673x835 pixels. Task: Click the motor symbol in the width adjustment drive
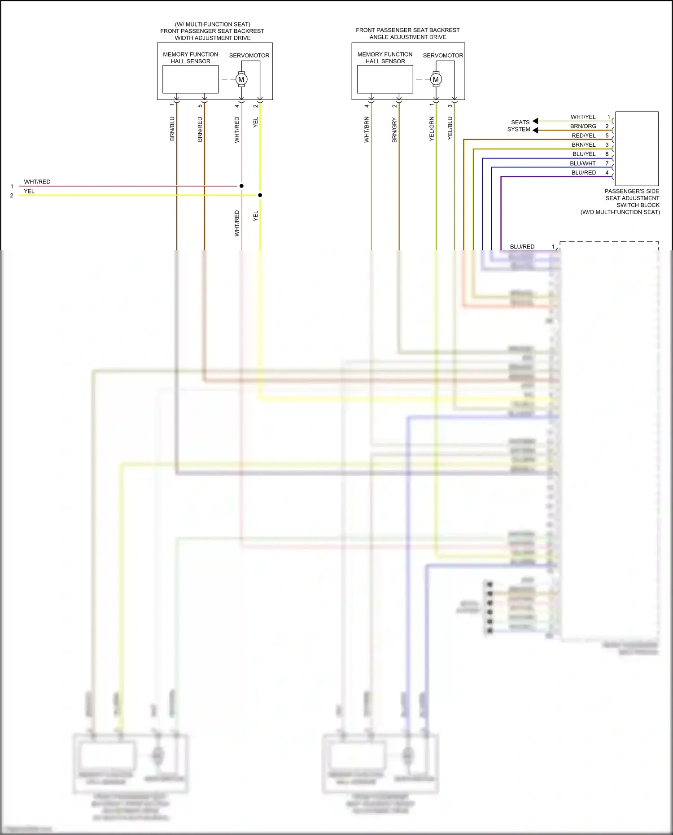[241, 79]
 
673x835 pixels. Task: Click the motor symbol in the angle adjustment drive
[436, 79]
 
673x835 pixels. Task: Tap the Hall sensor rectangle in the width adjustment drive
[190, 79]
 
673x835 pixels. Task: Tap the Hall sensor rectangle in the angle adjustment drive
[385, 79]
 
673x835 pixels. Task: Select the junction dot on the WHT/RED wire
[241, 186]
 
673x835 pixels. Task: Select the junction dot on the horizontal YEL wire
[260, 195]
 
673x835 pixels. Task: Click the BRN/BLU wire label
[172, 129]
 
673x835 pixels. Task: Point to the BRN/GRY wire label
[394, 130]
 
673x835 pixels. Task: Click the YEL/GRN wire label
[432, 129]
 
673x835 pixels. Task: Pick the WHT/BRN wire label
[367, 130]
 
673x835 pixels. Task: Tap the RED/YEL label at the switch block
[583, 136]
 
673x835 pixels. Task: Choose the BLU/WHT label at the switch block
[583, 163]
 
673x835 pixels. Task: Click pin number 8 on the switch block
[607, 154]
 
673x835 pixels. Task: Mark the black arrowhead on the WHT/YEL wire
[535, 121]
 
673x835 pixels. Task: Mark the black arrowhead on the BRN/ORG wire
[535, 130]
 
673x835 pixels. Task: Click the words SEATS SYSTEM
[519, 126]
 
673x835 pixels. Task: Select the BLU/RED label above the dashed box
[522, 246]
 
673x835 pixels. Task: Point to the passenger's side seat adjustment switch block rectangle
[637, 149]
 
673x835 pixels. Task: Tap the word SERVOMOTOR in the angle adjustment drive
[443, 56]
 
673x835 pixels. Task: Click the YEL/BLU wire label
[450, 128]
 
